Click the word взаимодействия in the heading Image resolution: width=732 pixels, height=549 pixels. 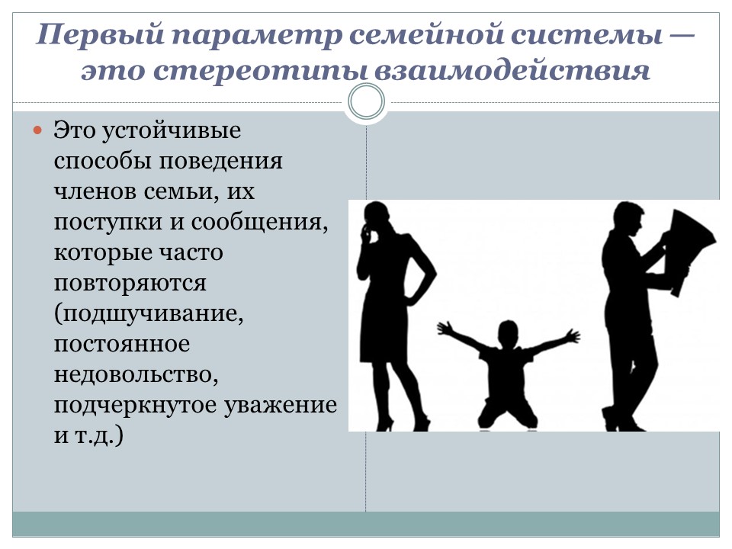[512, 70]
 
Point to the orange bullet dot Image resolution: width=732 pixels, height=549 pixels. [38, 130]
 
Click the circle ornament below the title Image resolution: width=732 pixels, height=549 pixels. [367, 101]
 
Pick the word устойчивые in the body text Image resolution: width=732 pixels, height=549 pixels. [171, 130]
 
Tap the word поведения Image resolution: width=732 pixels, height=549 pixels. [221, 161]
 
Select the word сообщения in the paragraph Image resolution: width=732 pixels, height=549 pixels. [259, 222]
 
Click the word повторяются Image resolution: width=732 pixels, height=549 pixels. [130, 284]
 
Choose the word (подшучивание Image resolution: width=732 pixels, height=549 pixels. [149, 314]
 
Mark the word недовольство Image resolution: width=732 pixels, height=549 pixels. [136, 375]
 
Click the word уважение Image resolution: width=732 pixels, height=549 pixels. [281, 405]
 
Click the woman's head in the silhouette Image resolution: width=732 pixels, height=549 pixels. [376, 217]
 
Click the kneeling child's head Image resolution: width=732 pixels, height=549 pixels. [508, 333]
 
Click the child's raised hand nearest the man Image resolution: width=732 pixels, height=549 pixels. [571, 335]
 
